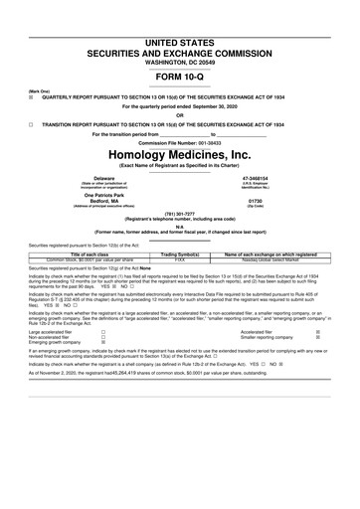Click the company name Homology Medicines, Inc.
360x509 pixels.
point(180,155)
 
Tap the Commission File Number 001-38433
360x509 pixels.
point(180,142)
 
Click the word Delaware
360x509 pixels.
point(76,178)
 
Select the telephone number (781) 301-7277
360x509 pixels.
point(180,212)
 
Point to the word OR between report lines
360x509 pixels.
point(180,113)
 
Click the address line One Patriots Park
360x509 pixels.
point(76,194)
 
